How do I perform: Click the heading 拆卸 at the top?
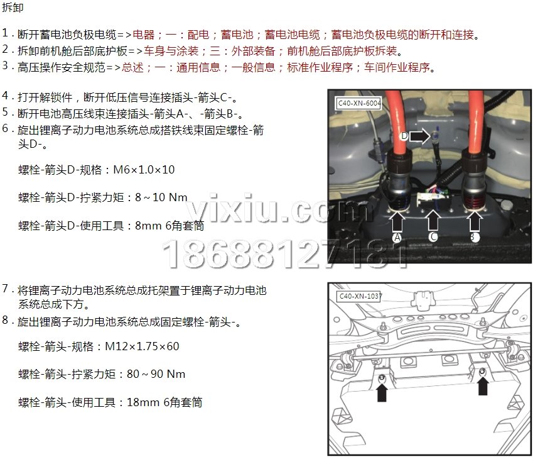[13, 7]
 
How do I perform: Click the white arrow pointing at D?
[419, 136]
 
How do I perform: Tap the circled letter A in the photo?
[397, 238]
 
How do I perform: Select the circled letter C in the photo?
[433, 236]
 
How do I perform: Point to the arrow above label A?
[397, 221]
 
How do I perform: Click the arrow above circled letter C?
[433, 220]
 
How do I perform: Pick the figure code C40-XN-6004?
[359, 103]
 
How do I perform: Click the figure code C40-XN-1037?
[360, 296]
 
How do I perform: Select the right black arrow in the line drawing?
[483, 386]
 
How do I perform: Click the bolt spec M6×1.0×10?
[144, 170]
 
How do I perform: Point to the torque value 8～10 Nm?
[161, 197]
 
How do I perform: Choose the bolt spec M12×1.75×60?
[142, 346]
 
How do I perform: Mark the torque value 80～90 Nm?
[156, 374]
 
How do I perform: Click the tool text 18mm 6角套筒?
[164, 402]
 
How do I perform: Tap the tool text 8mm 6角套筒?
[170, 226]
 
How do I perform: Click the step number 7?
[5, 289]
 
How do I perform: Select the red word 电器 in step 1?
[144, 35]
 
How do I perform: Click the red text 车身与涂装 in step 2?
[171, 51]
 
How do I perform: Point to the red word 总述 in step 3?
[132, 68]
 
